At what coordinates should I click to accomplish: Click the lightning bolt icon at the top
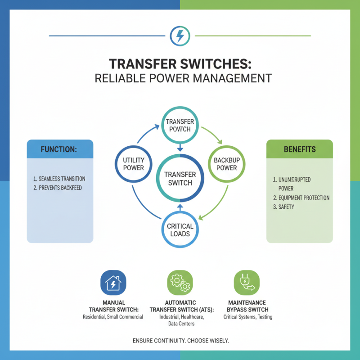(180, 36)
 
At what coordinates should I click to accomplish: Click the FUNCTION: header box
(60, 149)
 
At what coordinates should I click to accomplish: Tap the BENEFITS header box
(299, 149)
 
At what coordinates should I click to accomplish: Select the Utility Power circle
(133, 164)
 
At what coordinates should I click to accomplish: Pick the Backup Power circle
(226, 164)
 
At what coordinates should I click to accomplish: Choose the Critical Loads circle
(180, 229)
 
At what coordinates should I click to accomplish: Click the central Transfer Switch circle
(180, 179)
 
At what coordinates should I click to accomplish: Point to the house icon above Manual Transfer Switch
(113, 283)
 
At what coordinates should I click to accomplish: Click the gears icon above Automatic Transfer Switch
(180, 283)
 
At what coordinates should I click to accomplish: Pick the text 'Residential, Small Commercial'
(113, 317)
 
